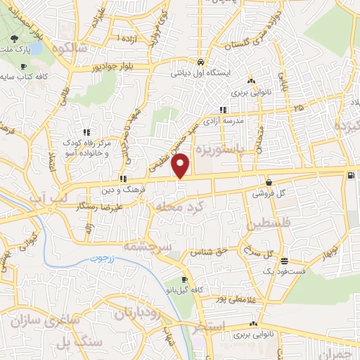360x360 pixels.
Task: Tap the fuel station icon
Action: pyautogui.click(x=351, y=175)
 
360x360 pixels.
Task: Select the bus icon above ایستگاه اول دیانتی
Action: pyautogui.click(x=200, y=61)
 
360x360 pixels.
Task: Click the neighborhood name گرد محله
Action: pyautogui.click(x=175, y=207)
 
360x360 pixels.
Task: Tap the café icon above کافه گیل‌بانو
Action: pyautogui.click(x=184, y=279)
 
